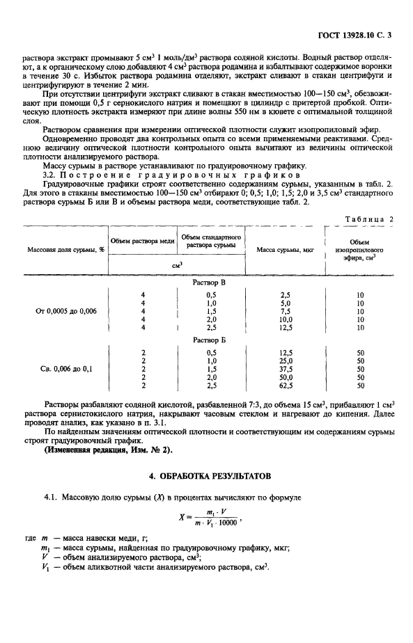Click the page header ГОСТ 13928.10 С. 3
pos(354,33)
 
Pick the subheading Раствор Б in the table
pos(212,341)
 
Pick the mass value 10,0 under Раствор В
pos(284,320)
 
